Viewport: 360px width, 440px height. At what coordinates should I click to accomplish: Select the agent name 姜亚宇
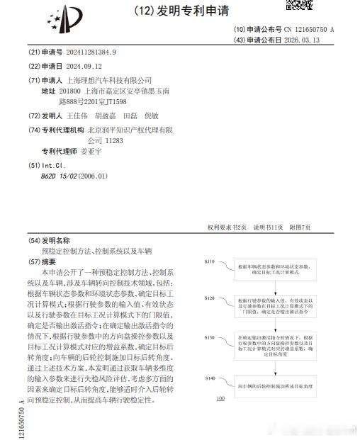point(92,151)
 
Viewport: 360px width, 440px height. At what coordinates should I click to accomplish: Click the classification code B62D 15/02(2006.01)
point(74,176)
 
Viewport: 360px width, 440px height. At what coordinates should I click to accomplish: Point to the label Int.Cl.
point(57,165)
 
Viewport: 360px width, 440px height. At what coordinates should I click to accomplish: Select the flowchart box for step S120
point(269,306)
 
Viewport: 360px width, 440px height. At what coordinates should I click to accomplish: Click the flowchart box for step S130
point(269,346)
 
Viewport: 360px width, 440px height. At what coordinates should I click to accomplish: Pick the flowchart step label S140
point(209,378)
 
